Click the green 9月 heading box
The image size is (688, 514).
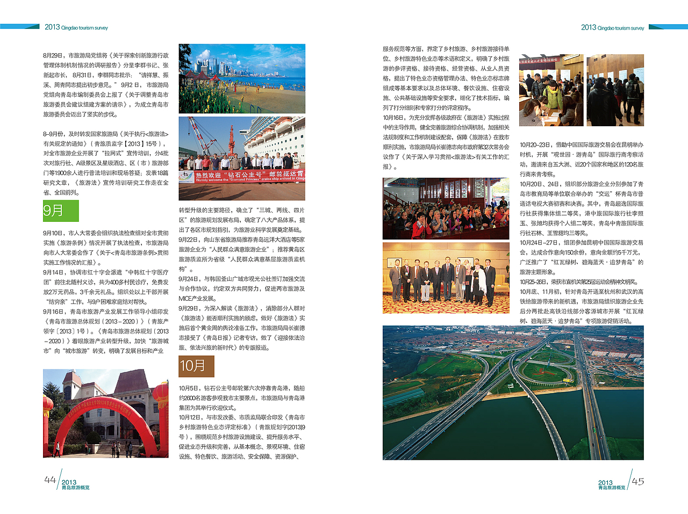[61, 211]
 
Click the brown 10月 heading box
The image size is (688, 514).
[196, 366]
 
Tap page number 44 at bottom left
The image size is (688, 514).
[50, 480]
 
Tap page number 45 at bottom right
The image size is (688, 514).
[638, 481]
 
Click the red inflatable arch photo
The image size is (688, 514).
[106, 413]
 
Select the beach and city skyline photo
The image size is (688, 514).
[242, 78]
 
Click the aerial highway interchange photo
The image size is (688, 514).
[513, 392]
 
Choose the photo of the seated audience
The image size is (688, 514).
[446, 208]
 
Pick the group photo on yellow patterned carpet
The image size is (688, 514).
[446, 278]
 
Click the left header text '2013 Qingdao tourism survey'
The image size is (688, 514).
[76, 27]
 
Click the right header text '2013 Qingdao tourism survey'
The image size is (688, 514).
[612, 27]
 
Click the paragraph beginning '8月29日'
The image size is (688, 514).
[106, 85]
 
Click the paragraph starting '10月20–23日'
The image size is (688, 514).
[582, 160]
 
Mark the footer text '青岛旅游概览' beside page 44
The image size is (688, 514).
[75, 488]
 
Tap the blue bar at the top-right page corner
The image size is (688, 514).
[668, 26]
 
